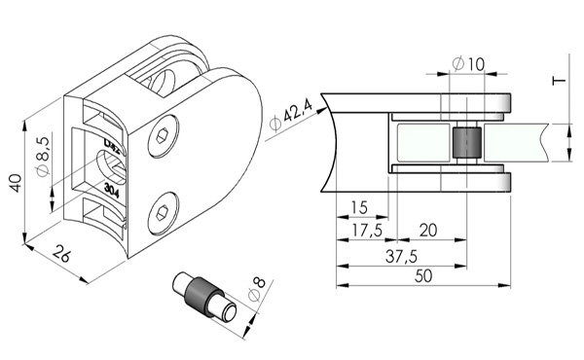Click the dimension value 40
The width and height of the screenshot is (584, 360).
coord(15,183)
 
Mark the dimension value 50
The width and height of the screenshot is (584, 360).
coord(424,275)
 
